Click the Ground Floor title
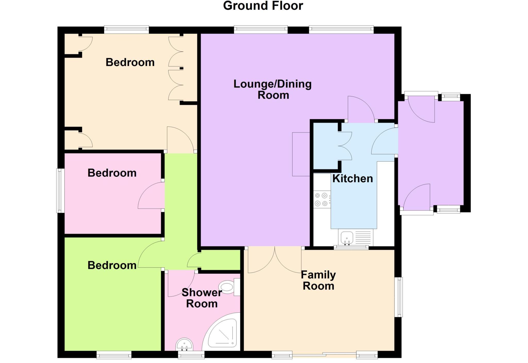coord(263,6)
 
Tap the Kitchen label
coord(352,179)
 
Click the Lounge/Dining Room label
coord(273,89)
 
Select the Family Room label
coord(318,280)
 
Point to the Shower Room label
coord(202,298)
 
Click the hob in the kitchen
coord(321,199)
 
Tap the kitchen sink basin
coord(347,237)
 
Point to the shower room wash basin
coord(184,345)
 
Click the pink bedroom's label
coord(112,173)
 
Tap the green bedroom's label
coord(112,265)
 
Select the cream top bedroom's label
coord(130,62)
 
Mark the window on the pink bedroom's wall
coord(60,191)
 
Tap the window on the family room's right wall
coord(399,297)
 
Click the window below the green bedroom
coord(114,355)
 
